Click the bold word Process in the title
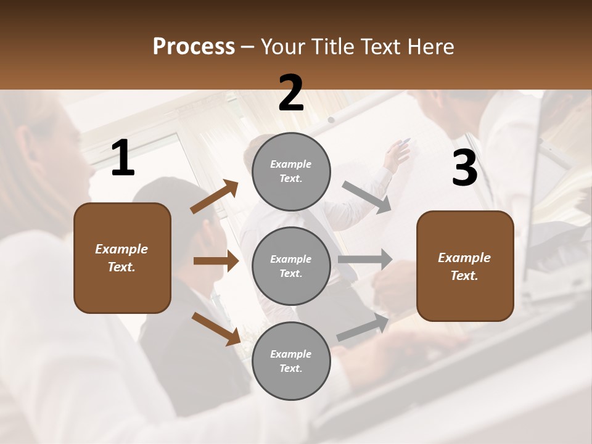point(194,47)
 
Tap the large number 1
point(123,158)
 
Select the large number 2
point(291,94)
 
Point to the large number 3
point(464,168)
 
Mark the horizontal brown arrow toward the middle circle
point(216,261)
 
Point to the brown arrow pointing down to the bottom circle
point(216,328)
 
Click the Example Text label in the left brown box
point(121,258)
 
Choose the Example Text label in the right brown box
point(464,266)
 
